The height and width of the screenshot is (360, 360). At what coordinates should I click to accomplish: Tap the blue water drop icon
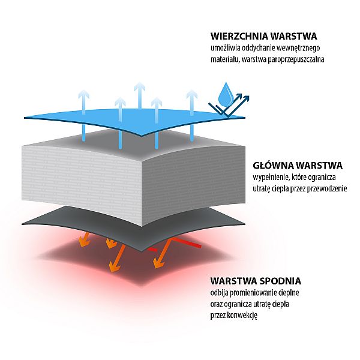pos(226,93)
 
